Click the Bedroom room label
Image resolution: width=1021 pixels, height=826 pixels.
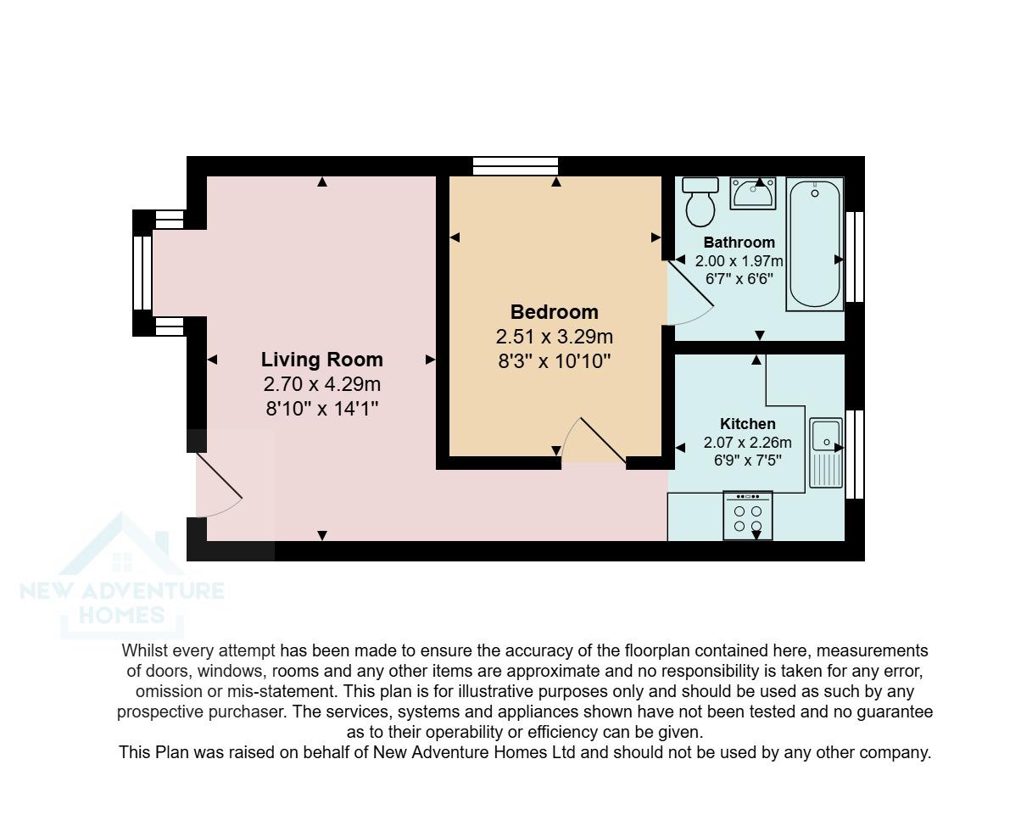point(554,312)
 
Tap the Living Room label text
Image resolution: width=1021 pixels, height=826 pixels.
point(321,360)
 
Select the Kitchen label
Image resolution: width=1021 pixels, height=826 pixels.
point(747,424)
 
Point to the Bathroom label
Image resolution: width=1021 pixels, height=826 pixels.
point(739,243)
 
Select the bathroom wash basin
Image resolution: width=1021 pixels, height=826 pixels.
point(753,194)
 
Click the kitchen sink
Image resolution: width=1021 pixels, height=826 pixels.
point(825,452)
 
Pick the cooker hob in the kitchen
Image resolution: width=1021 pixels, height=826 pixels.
point(747,516)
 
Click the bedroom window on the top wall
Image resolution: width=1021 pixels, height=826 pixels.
point(515,166)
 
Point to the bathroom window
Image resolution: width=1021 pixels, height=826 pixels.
point(855,256)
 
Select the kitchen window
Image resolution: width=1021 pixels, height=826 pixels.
point(855,454)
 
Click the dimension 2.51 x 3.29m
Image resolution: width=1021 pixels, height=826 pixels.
point(554,337)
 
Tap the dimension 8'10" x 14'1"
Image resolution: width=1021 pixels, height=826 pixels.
point(321,409)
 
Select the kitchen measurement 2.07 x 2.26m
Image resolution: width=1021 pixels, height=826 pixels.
point(747,443)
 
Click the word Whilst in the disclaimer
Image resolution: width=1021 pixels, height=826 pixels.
point(145,651)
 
